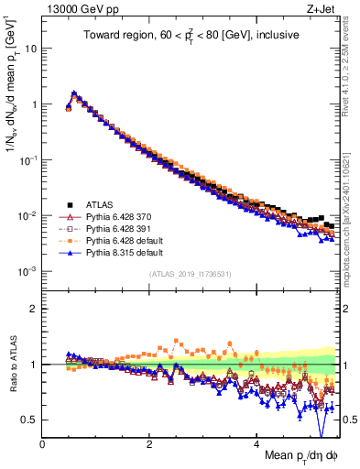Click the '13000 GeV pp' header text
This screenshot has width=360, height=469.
(75, 9)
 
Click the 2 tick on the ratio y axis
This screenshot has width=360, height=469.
(35, 309)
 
